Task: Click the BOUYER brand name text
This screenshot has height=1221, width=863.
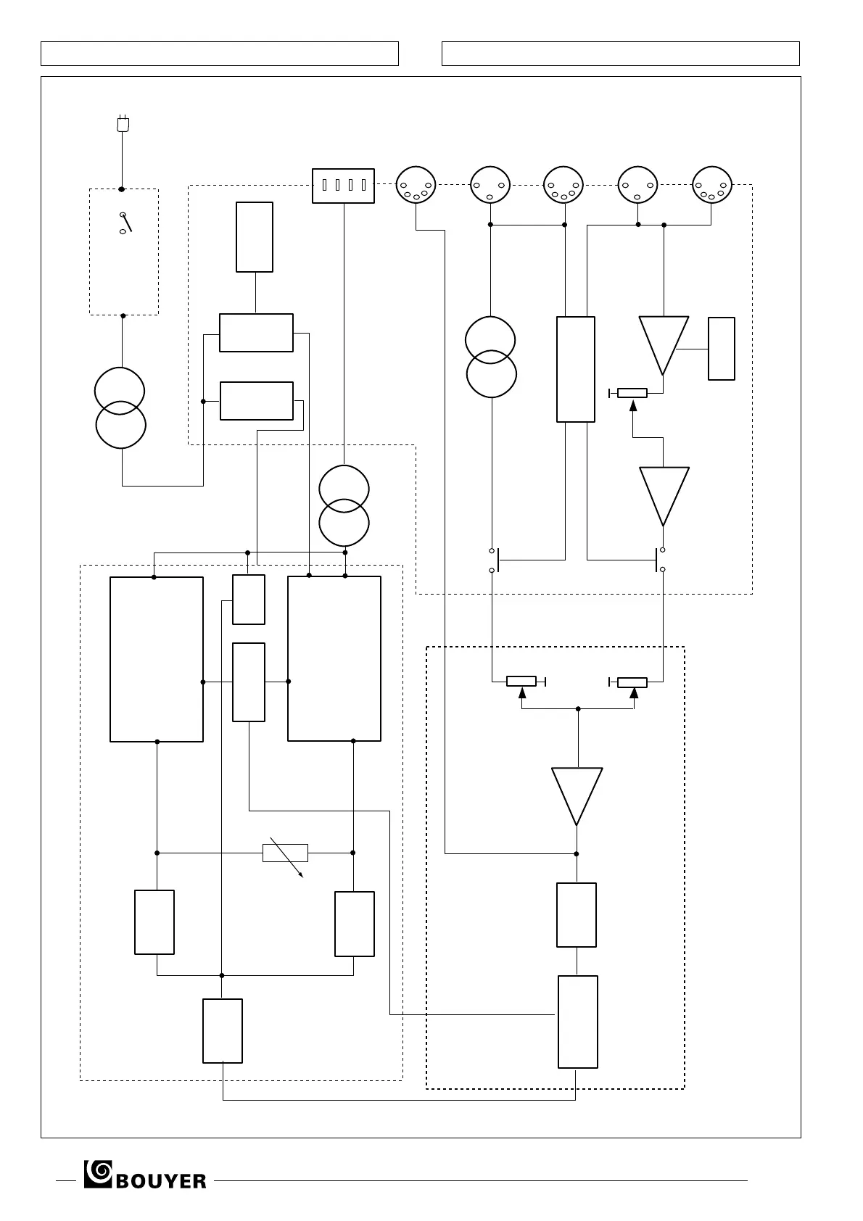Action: [x=160, y=1181]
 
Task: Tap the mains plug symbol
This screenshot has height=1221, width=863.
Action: [x=123, y=124]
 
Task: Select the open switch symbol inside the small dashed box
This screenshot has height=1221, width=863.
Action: [x=125, y=223]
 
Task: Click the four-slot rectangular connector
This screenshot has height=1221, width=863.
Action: [x=343, y=186]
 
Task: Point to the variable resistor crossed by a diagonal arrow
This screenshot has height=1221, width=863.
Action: [x=285, y=853]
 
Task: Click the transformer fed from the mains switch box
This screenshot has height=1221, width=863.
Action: [x=120, y=407]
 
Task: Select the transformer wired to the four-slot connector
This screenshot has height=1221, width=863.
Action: [x=344, y=505]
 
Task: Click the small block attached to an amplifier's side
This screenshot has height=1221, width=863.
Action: [x=722, y=349]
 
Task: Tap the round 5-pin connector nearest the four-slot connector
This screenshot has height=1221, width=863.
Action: [x=416, y=186]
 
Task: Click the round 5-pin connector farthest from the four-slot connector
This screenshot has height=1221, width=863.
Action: [x=712, y=186]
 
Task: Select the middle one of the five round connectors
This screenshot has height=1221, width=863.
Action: [x=563, y=186]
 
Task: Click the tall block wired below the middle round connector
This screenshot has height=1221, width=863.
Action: [x=576, y=369]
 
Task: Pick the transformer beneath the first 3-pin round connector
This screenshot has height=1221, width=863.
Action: [x=491, y=357]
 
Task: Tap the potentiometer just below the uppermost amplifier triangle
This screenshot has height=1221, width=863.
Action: [x=632, y=393]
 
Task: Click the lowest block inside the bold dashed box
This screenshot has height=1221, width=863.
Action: [x=578, y=1022]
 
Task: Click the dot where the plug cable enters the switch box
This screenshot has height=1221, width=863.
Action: [x=122, y=189]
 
